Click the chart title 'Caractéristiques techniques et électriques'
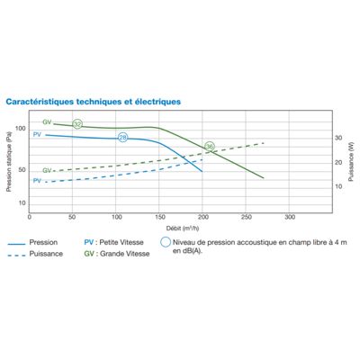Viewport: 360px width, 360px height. (94, 102)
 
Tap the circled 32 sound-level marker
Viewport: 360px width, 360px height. (77, 124)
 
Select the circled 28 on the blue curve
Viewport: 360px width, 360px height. (122, 138)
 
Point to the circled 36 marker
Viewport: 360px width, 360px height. (210, 147)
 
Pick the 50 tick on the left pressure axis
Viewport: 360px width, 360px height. (22, 170)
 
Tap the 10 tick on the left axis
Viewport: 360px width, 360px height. (22, 203)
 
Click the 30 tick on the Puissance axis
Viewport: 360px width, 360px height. (338, 138)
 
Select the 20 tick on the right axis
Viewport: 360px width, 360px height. (338, 162)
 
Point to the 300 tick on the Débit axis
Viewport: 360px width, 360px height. (290, 217)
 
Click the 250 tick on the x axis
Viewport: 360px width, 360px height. (246, 217)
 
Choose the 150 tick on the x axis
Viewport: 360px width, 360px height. (160, 217)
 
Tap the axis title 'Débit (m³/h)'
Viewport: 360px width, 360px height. (183, 229)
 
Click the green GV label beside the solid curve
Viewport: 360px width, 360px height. (47, 122)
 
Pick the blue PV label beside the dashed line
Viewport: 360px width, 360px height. (37, 181)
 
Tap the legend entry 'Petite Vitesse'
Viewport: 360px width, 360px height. (121, 242)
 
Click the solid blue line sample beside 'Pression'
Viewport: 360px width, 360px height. (16, 244)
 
